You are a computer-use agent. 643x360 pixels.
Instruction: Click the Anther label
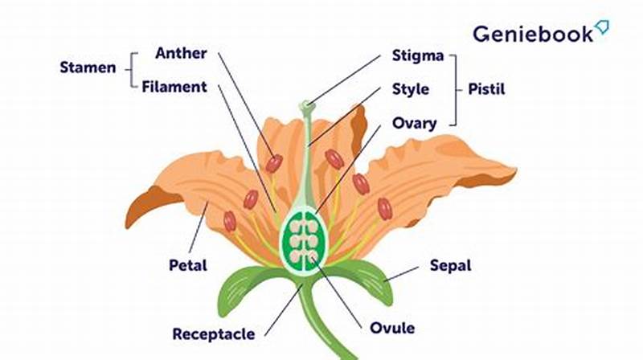(181, 54)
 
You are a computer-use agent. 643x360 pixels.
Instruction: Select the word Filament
(174, 86)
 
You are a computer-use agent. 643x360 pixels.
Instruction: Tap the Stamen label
(88, 67)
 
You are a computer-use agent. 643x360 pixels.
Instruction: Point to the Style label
(411, 88)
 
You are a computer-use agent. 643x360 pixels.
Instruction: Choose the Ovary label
(414, 123)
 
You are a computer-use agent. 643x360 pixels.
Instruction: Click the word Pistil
(488, 88)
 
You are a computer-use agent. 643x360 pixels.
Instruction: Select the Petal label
(187, 265)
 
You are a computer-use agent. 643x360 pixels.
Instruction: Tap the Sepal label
(449, 264)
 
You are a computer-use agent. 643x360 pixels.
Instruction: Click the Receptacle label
(214, 333)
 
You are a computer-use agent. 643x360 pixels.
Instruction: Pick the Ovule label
(392, 328)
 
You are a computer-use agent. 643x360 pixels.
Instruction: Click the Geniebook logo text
(532, 33)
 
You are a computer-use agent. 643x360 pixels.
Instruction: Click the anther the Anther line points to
(274, 163)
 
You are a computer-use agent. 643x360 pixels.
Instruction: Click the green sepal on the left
(241, 285)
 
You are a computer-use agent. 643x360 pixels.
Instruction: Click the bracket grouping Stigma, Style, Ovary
(454, 89)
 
